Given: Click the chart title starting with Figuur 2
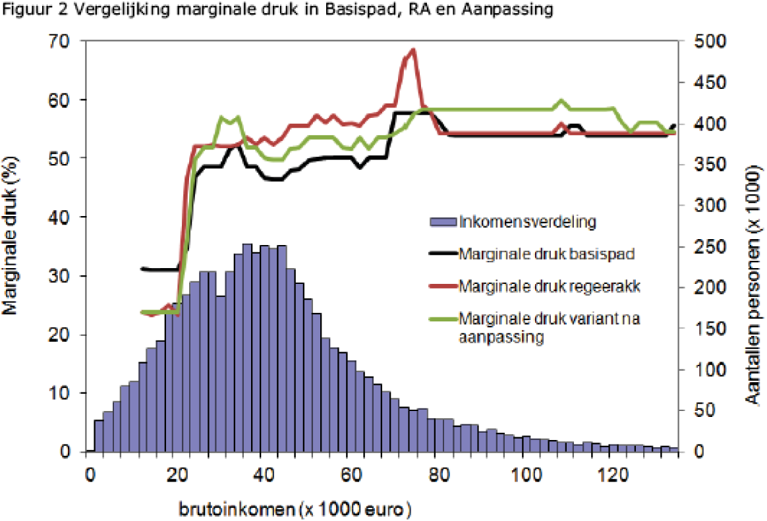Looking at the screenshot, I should [x=277, y=13].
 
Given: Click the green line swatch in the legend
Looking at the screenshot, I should [x=441, y=319].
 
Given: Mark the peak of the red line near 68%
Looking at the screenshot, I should [x=413, y=50].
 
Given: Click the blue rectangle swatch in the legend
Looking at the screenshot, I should [x=441, y=222].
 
